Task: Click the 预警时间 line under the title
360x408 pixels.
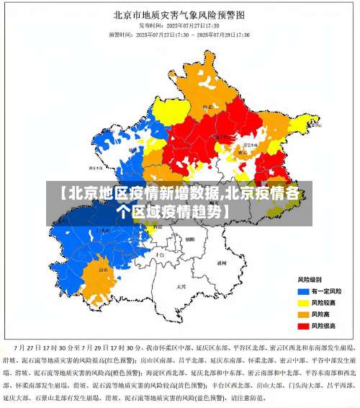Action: (x=179, y=34)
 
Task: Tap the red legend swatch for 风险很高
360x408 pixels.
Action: (x=303, y=326)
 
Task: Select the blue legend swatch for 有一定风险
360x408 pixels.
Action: (x=303, y=291)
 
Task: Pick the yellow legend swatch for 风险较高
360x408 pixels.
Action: (x=303, y=302)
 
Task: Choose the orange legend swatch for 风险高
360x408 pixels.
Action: (x=303, y=314)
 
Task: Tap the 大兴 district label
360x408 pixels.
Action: (x=181, y=286)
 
